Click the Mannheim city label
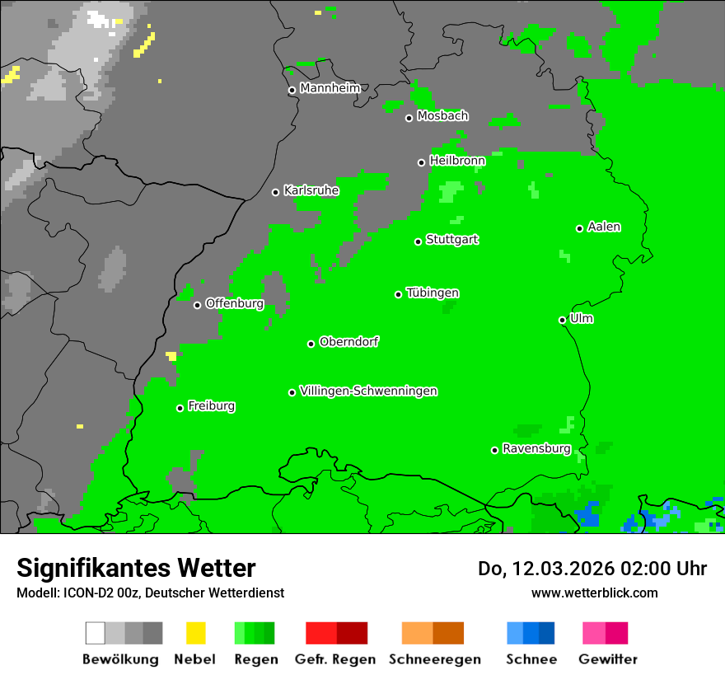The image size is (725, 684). pyautogui.click(x=330, y=88)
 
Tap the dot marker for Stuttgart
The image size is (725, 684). pyautogui.click(x=419, y=241)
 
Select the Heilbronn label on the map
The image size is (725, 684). pyautogui.click(x=457, y=161)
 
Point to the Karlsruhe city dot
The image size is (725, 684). pyautogui.click(x=276, y=192)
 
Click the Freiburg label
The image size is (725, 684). pyautogui.click(x=211, y=406)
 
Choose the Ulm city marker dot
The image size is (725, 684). pyautogui.click(x=563, y=320)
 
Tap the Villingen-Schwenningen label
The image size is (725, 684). pyautogui.click(x=368, y=391)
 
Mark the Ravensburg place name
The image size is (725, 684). pyautogui.click(x=536, y=449)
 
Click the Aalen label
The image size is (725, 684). pyautogui.click(x=604, y=227)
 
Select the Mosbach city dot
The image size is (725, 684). pyautogui.click(x=409, y=118)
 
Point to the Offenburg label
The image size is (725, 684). pyautogui.click(x=234, y=303)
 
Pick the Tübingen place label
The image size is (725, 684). pyautogui.click(x=433, y=293)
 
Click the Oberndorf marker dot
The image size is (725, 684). pyautogui.click(x=311, y=344)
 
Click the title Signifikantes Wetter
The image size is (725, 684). pyautogui.click(x=137, y=568)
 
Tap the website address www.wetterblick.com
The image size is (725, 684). pyautogui.click(x=595, y=593)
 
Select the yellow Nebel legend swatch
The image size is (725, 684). pyautogui.click(x=196, y=633)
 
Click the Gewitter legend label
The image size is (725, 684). pyautogui.click(x=608, y=659)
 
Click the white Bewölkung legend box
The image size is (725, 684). pyautogui.click(x=96, y=633)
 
